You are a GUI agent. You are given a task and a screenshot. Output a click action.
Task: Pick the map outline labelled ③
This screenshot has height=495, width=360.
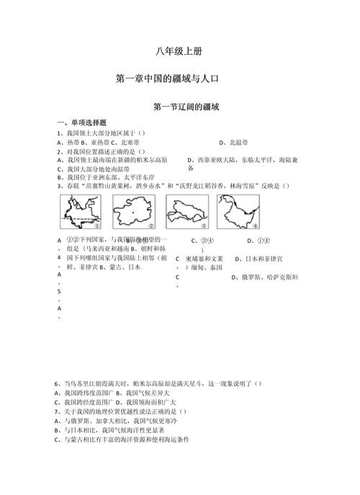186,211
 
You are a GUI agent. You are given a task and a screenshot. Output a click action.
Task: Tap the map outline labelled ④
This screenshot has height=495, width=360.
238,211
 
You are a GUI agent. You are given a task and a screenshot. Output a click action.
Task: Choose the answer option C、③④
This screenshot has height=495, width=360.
199,241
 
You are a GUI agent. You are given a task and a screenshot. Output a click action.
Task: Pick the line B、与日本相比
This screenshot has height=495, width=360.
104,429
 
